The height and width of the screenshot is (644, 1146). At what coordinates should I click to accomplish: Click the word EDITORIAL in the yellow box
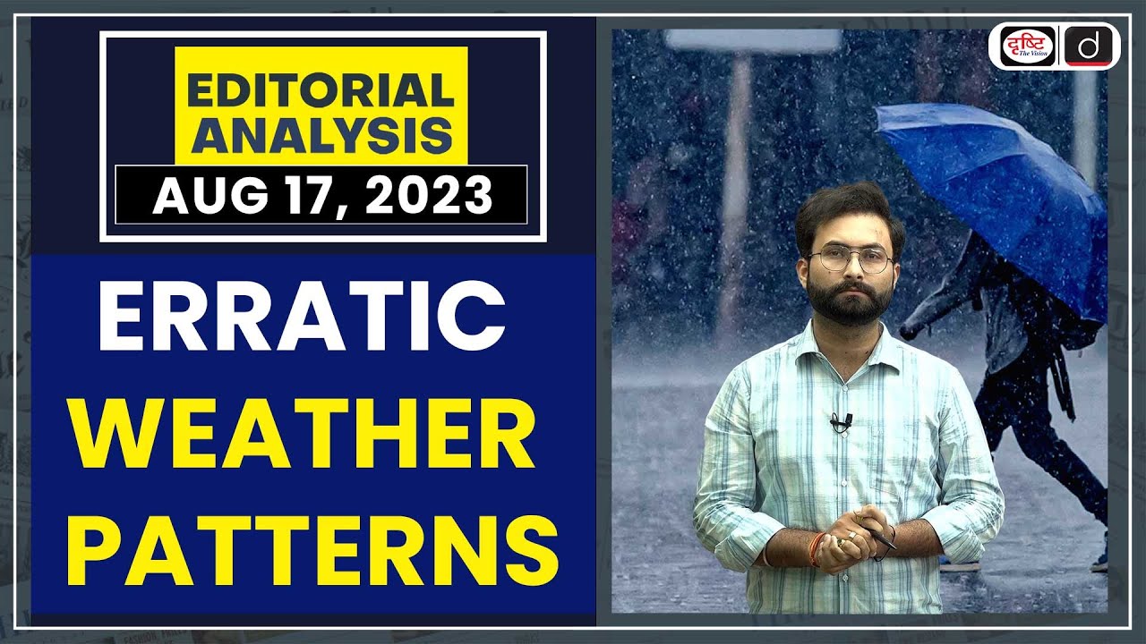click(321, 91)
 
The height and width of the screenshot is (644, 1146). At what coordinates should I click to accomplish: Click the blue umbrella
click(994, 179)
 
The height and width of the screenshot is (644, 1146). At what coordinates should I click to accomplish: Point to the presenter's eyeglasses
click(851, 260)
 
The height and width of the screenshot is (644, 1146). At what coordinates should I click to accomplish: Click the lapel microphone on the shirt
click(840, 421)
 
